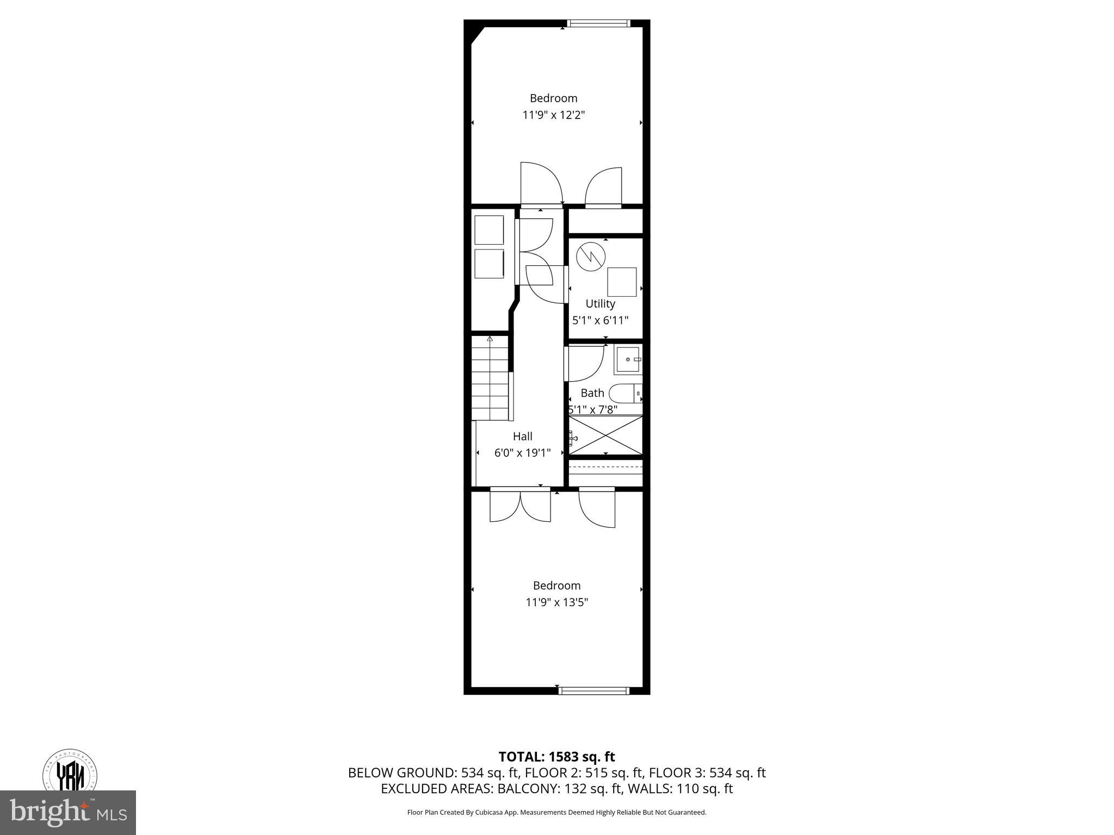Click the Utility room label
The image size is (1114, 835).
600,303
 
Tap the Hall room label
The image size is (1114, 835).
522,436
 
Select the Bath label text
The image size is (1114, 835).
592,392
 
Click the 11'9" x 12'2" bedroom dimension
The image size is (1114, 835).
553,115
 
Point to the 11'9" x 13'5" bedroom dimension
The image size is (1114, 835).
556,602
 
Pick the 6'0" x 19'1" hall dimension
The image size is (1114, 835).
522,452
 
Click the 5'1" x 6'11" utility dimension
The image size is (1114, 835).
600,320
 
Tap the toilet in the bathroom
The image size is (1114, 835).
626,392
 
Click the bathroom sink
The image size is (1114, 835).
628,359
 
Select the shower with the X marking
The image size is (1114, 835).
605,435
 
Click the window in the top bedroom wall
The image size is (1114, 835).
598,23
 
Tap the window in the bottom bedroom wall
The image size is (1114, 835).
594,691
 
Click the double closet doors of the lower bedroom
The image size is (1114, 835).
520,506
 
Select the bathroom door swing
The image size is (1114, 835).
585,363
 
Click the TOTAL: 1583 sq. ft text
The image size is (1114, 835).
556,757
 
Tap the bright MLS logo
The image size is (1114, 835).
67,813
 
